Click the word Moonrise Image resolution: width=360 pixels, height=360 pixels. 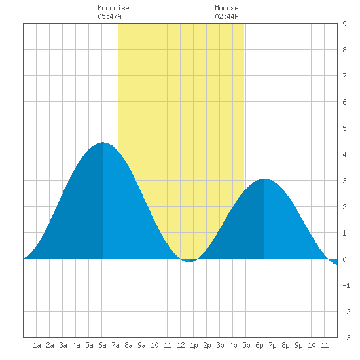click(113, 8)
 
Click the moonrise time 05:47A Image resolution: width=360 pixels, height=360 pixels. click(109, 16)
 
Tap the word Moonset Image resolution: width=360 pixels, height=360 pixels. click(228, 8)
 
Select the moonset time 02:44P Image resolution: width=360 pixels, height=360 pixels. click(226, 16)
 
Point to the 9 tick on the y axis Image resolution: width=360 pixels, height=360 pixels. click(344, 24)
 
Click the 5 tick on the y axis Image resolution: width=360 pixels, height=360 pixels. click(344, 128)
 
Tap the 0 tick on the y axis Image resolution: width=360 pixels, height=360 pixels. click(344, 259)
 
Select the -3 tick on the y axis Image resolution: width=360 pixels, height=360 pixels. click(346, 338)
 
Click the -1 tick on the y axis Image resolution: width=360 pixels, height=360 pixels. click(346, 285)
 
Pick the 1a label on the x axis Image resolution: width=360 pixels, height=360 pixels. click(37, 345)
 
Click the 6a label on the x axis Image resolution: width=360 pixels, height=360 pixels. click(102, 345)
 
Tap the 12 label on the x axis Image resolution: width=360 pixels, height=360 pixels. click(181, 345)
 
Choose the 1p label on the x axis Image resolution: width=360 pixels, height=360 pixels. click(194, 345)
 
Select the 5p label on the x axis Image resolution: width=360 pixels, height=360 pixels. click(246, 345)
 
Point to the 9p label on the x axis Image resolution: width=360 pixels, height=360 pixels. click(298, 345)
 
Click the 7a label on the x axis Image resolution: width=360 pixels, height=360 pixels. click(115, 345)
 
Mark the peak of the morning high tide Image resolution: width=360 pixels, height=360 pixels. click(103, 143)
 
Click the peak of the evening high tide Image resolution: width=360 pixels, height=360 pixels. click(264, 179)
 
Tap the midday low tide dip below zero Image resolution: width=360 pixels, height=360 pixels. click(189, 261)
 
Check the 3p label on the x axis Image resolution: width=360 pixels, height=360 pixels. click(220, 345)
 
